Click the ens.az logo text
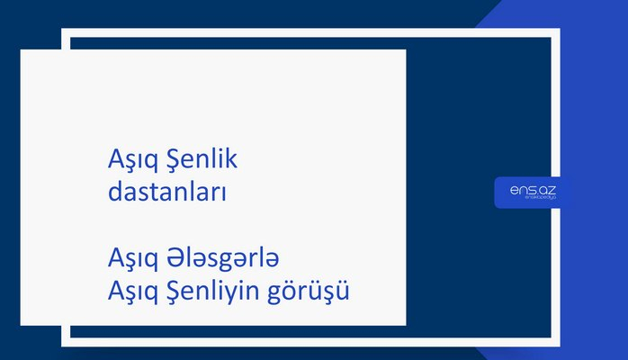pyautogui.click(x=533, y=190)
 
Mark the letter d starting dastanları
pyautogui.click(x=112, y=193)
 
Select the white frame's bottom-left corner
pyautogui.click(x=65, y=343)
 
